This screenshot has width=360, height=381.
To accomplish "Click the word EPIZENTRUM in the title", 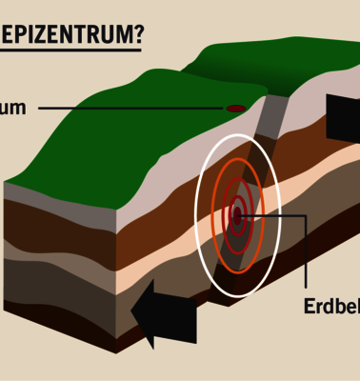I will tap(67, 35).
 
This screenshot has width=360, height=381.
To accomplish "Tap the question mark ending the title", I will tap(139, 35).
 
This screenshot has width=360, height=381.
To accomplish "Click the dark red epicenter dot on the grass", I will tap(235, 109).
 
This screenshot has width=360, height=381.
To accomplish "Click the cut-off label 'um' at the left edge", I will tap(13, 109).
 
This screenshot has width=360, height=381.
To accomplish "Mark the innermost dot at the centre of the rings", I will tap(237, 215).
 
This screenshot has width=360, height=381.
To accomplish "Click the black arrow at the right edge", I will tap(342, 118).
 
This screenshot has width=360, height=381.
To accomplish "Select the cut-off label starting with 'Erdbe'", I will tap(330, 307).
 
